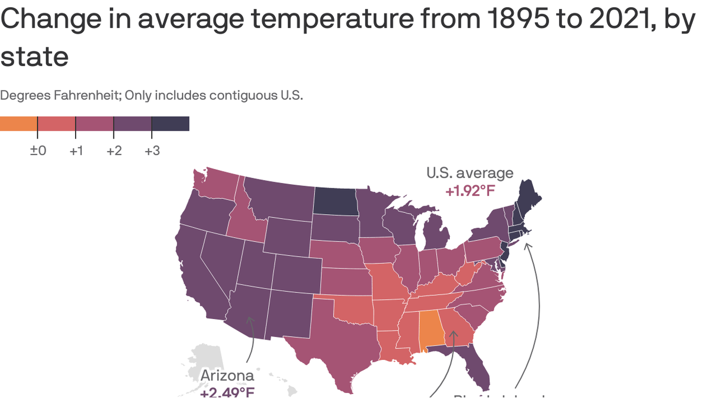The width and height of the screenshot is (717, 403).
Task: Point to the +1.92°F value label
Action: coord(470,191)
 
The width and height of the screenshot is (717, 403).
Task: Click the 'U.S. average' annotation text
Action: coord(470,173)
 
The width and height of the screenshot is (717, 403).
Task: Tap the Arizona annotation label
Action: coord(227,376)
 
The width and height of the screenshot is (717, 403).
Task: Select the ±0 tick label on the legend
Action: coord(38,151)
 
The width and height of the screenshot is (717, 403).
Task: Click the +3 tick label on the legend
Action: coord(152,151)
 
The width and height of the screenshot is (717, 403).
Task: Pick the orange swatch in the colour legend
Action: coord(18,124)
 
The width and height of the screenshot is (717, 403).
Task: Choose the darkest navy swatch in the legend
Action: coord(170,124)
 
